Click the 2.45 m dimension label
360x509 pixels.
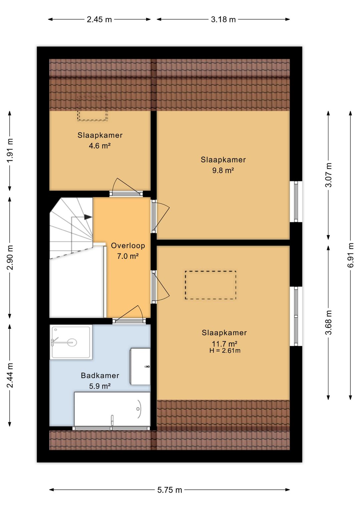pos(99,20)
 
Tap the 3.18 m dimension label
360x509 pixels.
pos(223,20)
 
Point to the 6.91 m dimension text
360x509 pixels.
pos(350,255)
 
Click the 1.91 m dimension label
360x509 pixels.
pos(10,150)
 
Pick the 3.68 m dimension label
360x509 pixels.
pos(328,323)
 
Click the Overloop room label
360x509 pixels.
pos(128,245)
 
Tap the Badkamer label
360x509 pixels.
pos(100,375)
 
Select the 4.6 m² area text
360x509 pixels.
pos(100,146)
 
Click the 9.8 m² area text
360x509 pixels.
pos(223,170)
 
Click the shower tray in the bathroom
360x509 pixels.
pos(71,342)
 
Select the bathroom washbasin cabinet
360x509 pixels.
pos(140,367)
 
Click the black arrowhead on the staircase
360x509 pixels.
pos(88,217)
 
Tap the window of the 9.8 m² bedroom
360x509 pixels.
pos(296,201)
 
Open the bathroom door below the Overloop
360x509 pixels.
pos(129,315)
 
